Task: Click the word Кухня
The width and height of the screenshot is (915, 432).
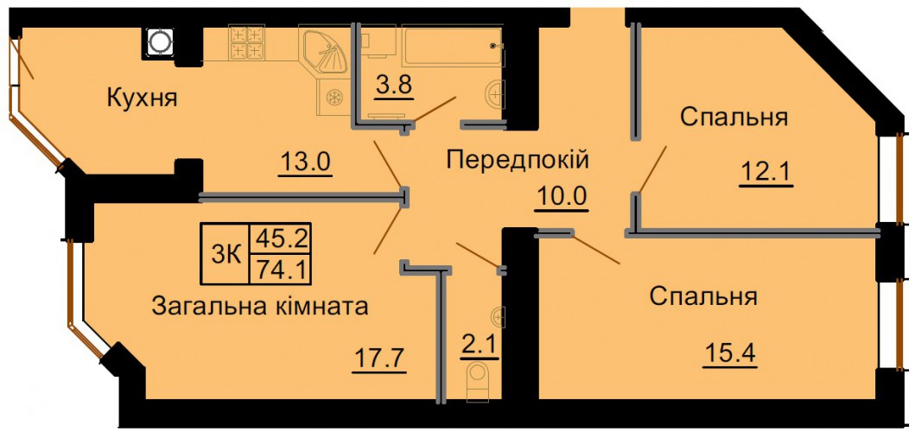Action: [142, 98]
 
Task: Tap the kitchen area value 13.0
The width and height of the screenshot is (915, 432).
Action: [305, 162]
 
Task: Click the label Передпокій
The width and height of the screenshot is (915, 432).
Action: [518, 159]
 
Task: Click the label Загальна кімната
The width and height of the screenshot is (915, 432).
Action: [260, 305]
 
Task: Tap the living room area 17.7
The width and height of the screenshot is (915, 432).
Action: [379, 355]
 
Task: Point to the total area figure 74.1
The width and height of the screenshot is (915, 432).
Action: [279, 269]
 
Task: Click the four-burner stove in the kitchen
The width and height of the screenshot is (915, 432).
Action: [246, 42]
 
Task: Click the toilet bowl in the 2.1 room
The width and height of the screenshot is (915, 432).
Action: [477, 380]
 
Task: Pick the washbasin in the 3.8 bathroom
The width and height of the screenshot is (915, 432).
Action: [495, 93]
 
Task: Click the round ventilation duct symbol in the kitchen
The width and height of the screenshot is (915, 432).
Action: [159, 41]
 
